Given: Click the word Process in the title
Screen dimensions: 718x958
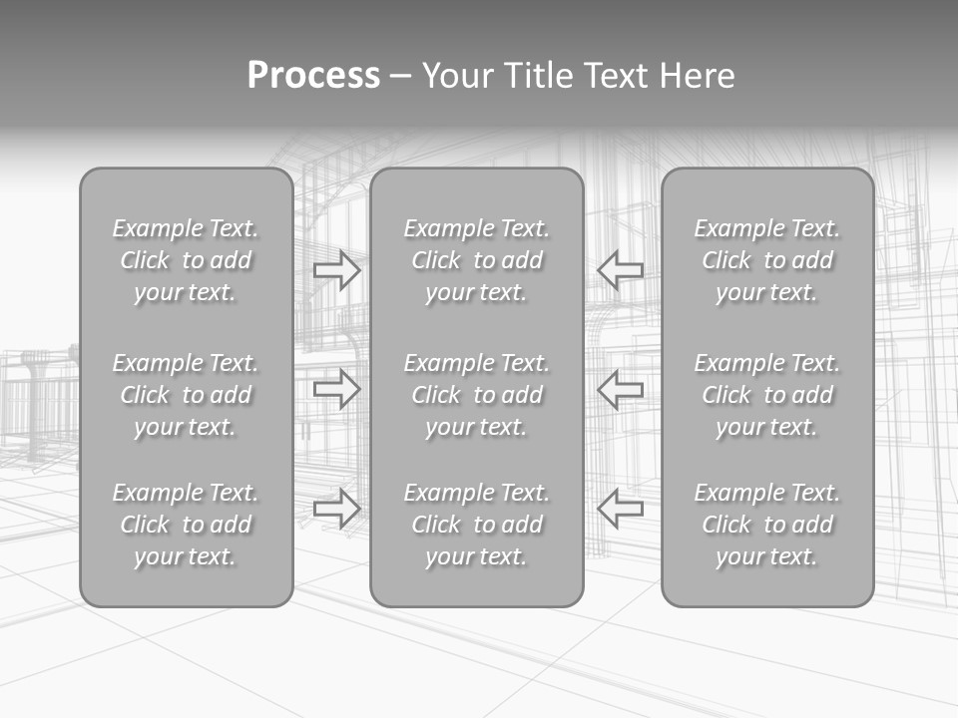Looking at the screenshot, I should pyautogui.click(x=313, y=76).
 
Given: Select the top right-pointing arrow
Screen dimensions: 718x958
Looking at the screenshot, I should pyautogui.click(x=337, y=269).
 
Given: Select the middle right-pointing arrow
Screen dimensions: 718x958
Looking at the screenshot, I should pyautogui.click(x=337, y=388).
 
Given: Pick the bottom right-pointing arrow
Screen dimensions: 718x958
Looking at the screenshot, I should pyautogui.click(x=337, y=508).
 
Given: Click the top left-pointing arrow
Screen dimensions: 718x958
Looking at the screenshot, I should pyautogui.click(x=620, y=269).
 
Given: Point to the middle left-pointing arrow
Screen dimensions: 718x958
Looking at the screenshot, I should pyautogui.click(x=620, y=388).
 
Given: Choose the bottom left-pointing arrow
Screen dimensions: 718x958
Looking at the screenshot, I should pyautogui.click(x=620, y=508).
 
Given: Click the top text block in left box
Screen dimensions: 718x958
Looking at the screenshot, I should pyautogui.click(x=186, y=260).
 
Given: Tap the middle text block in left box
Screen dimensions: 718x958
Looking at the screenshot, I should pyautogui.click(x=186, y=395).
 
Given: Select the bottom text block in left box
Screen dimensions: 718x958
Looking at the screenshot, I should pyautogui.click(x=186, y=525).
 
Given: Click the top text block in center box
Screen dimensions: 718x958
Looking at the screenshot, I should pyautogui.click(x=476, y=260).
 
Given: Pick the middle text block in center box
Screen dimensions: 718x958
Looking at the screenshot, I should pyautogui.click(x=476, y=395).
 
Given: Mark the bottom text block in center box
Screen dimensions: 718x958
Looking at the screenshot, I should pyautogui.click(x=476, y=525).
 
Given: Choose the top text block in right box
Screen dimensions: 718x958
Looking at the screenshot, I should pyautogui.click(x=767, y=260).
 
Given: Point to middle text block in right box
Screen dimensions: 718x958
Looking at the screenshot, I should pyautogui.click(x=767, y=395).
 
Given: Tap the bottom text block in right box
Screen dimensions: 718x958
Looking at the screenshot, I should pyautogui.click(x=767, y=525).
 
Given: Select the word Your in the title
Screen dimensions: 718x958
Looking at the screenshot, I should pyautogui.click(x=458, y=76).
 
